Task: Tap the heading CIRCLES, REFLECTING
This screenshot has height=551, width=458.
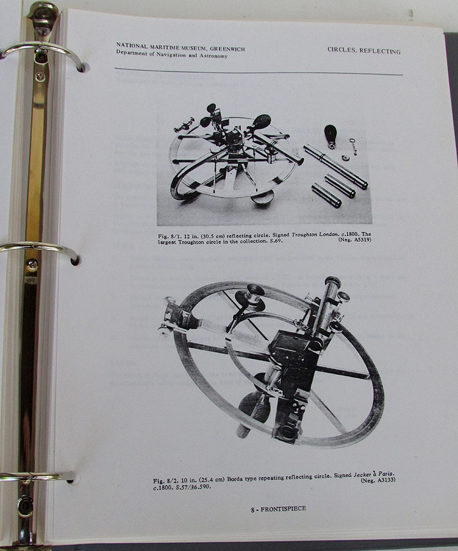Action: (x=364, y=50)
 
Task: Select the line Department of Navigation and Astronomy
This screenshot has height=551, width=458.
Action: (x=172, y=54)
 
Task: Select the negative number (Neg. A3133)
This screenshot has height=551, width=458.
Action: (x=378, y=480)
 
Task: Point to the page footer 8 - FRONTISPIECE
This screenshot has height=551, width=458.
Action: (x=278, y=508)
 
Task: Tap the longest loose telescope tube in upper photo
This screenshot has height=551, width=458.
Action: (x=336, y=166)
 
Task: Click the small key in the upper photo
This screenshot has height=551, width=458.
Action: (x=353, y=146)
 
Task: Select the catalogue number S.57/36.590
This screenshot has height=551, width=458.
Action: (x=193, y=487)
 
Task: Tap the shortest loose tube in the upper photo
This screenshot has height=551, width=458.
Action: (x=326, y=195)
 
